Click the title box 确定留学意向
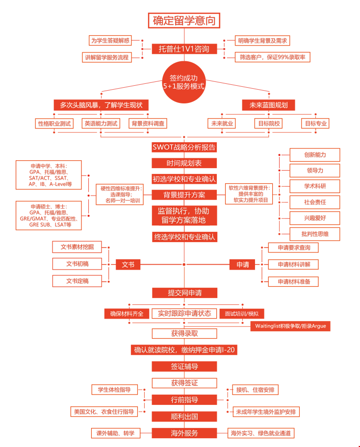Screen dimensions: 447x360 (x=184, y=21)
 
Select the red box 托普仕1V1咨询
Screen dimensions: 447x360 (x=184, y=49)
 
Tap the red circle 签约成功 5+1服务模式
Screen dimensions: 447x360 (x=184, y=82)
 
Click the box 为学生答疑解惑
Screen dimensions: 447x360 (x=110, y=41)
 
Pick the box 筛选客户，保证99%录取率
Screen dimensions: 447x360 (x=272, y=57)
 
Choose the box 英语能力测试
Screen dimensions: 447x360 (x=101, y=124)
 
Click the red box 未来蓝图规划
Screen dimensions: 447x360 (x=268, y=105)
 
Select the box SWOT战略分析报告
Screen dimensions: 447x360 (x=184, y=147)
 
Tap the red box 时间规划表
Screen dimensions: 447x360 (x=184, y=163)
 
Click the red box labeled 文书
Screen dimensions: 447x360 (x=128, y=265)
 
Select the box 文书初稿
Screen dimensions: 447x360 (x=77, y=264)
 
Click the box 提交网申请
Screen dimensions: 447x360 (x=184, y=293)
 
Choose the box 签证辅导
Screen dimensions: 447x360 (x=184, y=367)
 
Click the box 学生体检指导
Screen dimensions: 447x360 (x=114, y=390)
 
